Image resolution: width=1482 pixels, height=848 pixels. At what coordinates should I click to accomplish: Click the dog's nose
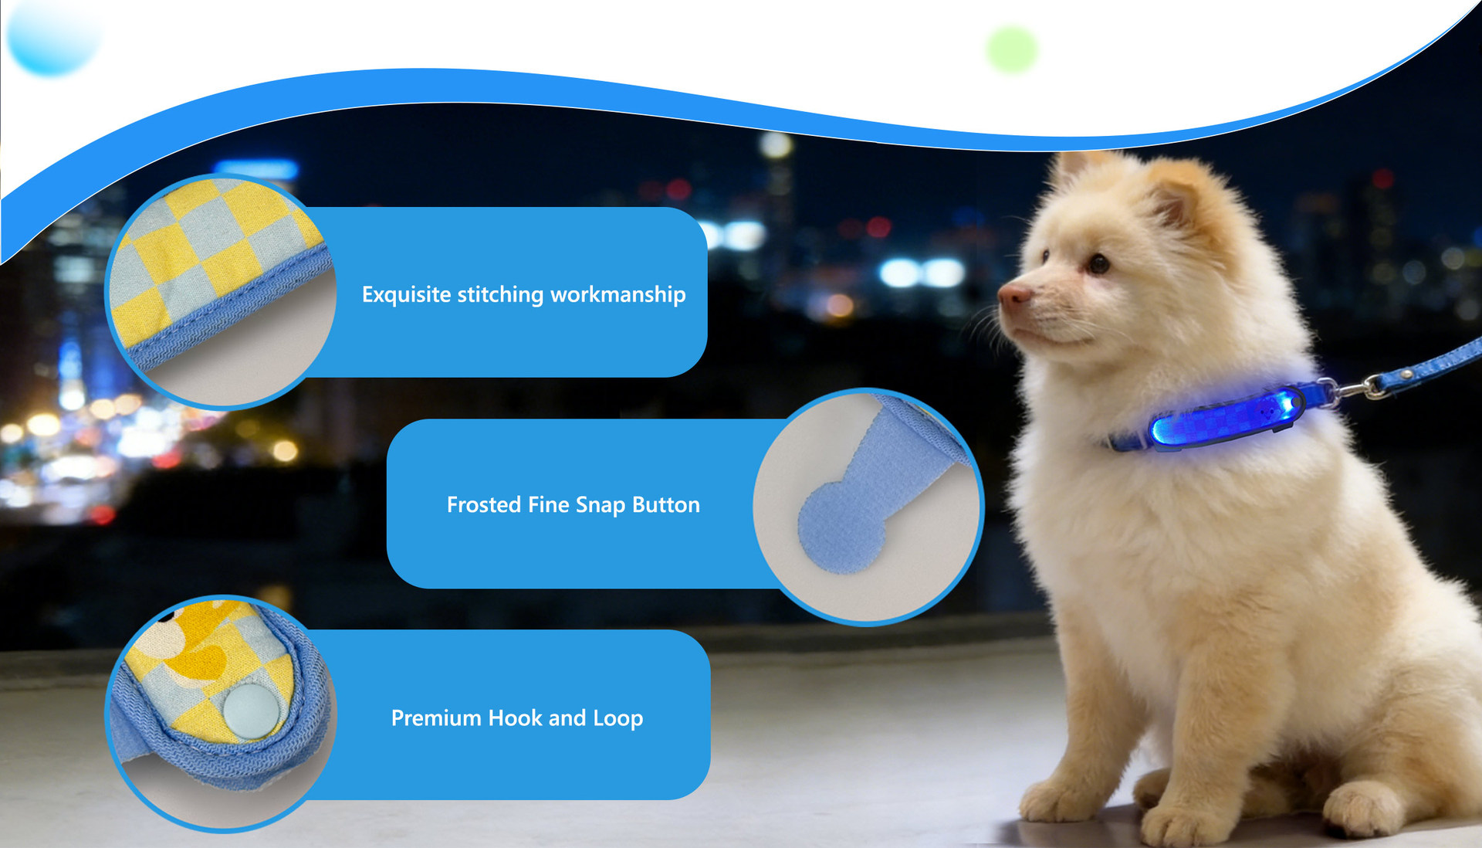pos(1013,294)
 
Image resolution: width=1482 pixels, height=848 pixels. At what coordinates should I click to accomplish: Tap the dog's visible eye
pos(1098,265)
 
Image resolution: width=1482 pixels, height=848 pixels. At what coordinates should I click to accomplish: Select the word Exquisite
pos(406,294)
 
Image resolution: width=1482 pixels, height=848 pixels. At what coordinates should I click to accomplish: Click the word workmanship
pos(617,294)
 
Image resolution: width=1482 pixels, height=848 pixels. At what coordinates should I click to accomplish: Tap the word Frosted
pos(484,504)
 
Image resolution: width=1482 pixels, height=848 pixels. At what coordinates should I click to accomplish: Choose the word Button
pos(666,504)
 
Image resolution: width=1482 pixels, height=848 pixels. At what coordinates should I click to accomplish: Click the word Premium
pos(436,717)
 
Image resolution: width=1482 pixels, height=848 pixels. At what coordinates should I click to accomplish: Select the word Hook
pos(515,717)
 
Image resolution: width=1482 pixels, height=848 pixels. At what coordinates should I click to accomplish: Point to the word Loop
pos(617,718)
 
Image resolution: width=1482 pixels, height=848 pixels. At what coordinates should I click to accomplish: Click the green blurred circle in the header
pos(1012,49)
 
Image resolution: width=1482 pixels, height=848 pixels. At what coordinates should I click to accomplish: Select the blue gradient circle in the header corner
pos(52,35)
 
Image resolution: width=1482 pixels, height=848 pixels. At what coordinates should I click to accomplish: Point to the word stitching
pos(500,294)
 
